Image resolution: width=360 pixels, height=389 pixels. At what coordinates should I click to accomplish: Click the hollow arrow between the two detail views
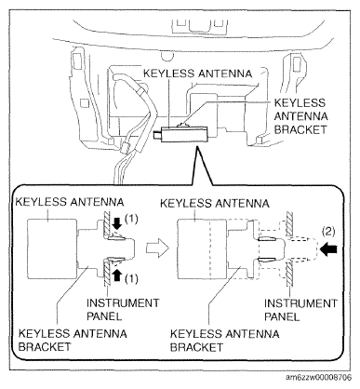click(x=157, y=248)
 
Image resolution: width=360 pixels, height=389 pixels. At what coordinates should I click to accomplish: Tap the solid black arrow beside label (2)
click(x=328, y=249)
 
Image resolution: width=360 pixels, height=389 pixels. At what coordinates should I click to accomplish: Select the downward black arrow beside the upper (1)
click(x=117, y=222)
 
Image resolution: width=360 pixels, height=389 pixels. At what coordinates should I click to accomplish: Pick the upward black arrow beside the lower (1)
click(x=116, y=275)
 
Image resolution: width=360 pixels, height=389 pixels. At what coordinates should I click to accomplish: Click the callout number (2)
click(x=328, y=231)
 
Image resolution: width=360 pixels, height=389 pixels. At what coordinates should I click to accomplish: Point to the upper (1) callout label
click(x=131, y=219)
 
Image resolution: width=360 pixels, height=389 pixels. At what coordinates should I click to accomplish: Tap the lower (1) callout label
click(x=130, y=279)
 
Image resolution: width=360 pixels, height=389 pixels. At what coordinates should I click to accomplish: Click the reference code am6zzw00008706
click(x=319, y=377)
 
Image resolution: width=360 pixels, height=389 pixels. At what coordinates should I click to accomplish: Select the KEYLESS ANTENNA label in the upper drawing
click(x=197, y=74)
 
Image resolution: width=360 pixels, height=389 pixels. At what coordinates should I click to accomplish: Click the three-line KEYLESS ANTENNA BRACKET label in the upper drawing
click(x=300, y=116)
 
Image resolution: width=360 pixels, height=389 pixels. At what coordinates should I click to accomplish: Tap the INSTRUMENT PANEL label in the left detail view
click(x=123, y=309)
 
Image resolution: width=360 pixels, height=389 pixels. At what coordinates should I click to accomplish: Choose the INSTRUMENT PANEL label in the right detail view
click(x=300, y=310)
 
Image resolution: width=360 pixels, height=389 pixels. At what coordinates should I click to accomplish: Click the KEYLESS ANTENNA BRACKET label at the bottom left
click(x=73, y=340)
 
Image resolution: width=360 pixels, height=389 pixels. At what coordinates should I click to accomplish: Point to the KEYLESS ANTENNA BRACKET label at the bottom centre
click(x=225, y=341)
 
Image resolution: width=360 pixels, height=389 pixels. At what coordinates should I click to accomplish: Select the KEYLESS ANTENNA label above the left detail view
click(x=70, y=202)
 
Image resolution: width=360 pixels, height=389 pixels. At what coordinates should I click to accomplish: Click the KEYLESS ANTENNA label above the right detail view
click(x=215, y=204)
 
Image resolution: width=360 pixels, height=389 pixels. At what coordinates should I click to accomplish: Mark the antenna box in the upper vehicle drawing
click(x=184, y=134)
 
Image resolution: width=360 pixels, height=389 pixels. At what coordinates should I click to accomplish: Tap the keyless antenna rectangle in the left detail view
click(x=52, y=248)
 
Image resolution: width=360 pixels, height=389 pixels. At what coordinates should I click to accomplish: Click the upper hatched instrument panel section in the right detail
click(x=290, y=223)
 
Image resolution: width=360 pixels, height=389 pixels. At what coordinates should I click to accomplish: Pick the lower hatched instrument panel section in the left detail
click(x=107, y=274)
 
